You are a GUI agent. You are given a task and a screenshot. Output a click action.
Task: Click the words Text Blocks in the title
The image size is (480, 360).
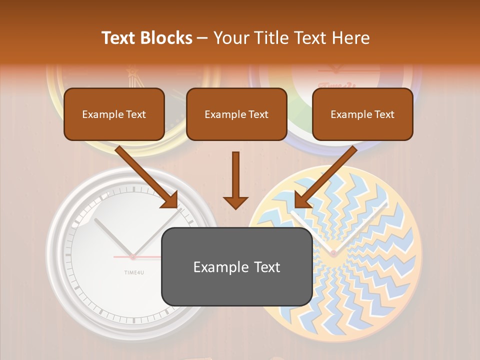pos(146,38)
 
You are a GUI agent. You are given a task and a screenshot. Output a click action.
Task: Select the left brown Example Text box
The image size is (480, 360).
pos(114,114)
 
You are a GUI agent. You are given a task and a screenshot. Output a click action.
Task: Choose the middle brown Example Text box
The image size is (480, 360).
pos(236,114)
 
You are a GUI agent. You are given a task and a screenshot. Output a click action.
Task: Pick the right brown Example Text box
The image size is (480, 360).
pos(362,114)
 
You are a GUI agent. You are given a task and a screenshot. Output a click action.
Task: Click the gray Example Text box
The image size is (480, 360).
pos(236,266)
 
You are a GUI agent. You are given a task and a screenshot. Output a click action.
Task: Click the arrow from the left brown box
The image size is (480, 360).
pos(145,175)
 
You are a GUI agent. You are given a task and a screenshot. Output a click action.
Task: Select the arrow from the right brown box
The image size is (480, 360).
pos(327,175)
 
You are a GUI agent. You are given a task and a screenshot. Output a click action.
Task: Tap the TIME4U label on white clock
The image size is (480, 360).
pos(133,272)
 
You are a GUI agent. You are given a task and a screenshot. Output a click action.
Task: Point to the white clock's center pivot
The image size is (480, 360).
pos(133,257)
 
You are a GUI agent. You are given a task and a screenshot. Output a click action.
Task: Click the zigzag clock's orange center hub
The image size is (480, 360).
pos(333,253)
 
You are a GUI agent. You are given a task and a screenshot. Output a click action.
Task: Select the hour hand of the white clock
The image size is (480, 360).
pos(113,238)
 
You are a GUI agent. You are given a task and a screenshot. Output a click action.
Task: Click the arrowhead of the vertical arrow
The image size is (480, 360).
pos(235,202)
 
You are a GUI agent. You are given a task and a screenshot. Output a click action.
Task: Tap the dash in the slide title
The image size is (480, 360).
pos(202,38)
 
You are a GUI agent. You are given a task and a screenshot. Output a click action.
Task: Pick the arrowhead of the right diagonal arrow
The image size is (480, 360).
pos(301,200)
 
